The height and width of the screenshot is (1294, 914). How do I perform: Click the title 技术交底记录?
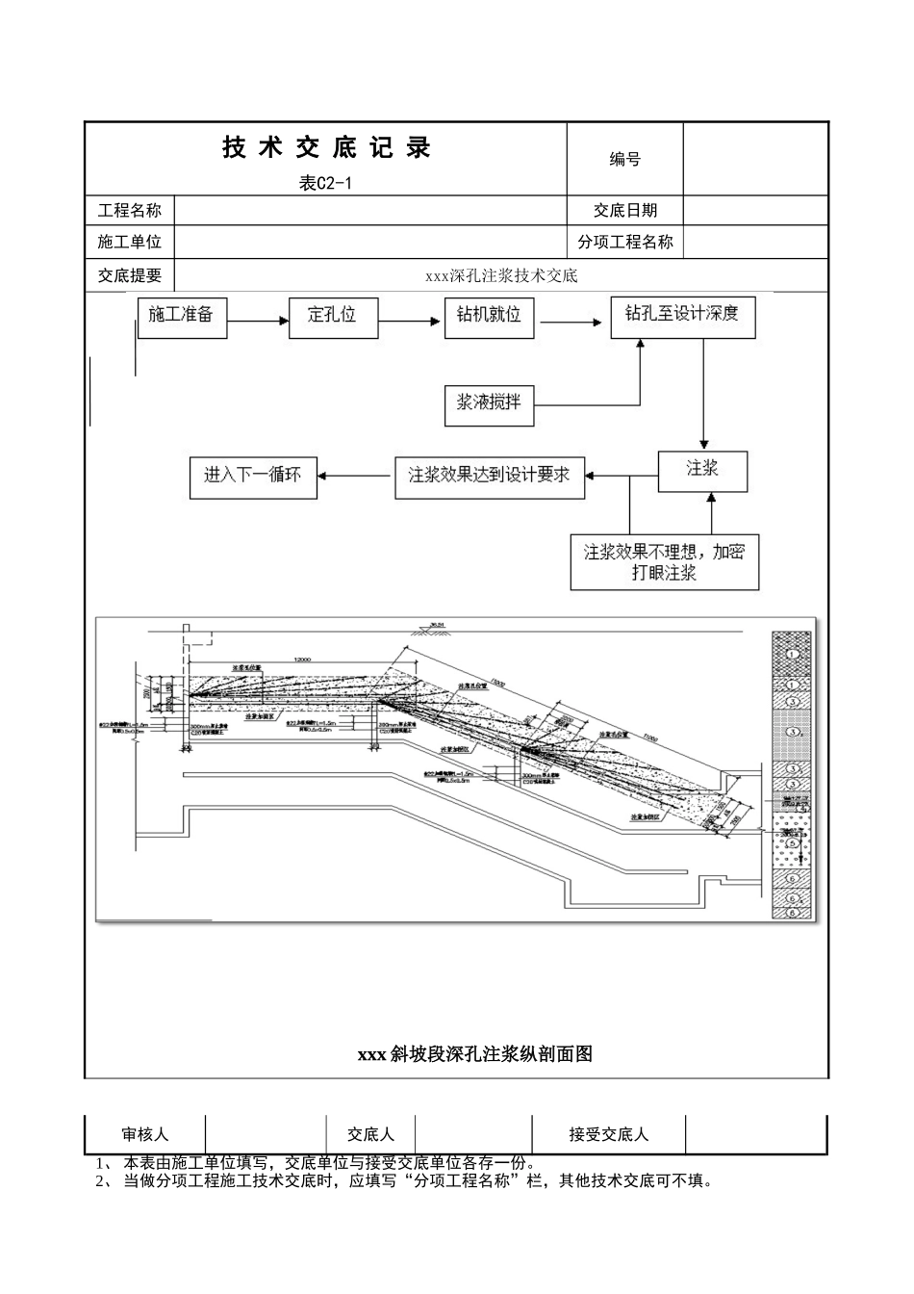pyautogui.click(x=326, y=148)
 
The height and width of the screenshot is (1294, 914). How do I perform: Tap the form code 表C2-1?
pyautogui.click(x=325, y=184)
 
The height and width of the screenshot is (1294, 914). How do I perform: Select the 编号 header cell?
pyautogui.click(x=624, y=160)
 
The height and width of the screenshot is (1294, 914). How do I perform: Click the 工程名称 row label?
pyautogui.click(x=130, y=211)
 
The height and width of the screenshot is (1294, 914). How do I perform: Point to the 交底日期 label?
pyautogui.click(x=624, y=211)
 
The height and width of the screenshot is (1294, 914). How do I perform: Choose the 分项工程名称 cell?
pyautogui.click(x=624, y=243)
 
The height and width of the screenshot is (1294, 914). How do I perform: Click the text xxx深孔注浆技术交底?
pyautogui.click(x=501, y=276)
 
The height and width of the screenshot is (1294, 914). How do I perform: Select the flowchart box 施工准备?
pyautogui.click(x=182, y=317)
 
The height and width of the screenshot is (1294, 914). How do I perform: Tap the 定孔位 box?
pyautogui.click(x=333, y=317)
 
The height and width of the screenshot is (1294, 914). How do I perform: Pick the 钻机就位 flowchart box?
pyautogui.click(x=489, y=317)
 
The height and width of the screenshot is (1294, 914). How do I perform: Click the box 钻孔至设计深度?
pyautogui.click(x=682, y=317)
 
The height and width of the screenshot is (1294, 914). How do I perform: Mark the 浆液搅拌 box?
pyautogui.click(x=489, y=404)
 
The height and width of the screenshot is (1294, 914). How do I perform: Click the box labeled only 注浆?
pyautogui.click(x=703, y=470)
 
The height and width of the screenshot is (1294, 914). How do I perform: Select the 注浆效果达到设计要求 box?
pyautogui.click(x=489, y=476)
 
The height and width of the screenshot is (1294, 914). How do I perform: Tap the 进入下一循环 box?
pyautogui.click(x=252, y=476)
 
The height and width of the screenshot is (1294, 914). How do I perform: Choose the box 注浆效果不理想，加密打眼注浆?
pyautogui.click(x=664, y=562)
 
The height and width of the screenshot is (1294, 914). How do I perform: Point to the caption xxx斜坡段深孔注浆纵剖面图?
pyautogui.click(x=475, y=1054)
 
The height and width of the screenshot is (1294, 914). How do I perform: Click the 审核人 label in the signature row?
pyautogui.click(x=144, y=1134)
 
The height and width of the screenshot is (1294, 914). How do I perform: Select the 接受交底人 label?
pyautogui.click(x=608, y=1134)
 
